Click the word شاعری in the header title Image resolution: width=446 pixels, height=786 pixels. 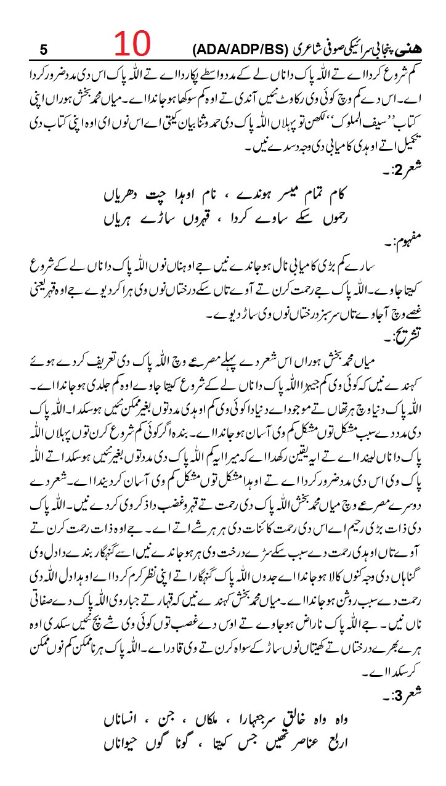click(x=292, y=48)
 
